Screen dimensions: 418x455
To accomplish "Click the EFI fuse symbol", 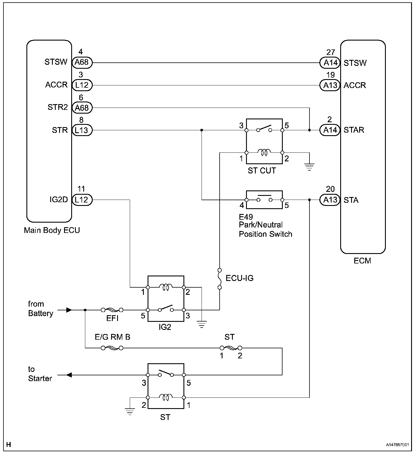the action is point(112,310).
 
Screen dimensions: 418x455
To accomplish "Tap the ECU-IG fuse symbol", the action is point(220,279).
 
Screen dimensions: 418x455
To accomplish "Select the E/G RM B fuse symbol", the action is point(112,348).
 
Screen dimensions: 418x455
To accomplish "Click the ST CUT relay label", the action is point(262,171).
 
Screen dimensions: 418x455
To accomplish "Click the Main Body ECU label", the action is point(52,230).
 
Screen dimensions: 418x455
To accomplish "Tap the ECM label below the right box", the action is point(362,261).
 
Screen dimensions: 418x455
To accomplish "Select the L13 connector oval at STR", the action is point(82,130).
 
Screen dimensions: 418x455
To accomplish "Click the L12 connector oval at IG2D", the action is point(82,200).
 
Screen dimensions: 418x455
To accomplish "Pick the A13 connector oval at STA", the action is point(330,200).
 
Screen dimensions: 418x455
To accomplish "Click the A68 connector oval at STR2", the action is point(82,108).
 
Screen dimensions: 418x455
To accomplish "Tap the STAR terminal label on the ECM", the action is point(354,130).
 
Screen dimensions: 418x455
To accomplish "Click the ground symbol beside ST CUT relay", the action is point(309,167).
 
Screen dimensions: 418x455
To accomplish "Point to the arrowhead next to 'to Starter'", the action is point(69,375).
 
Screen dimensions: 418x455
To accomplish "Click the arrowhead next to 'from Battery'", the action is point(69,310).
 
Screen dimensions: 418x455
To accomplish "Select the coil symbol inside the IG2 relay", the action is point(166,287).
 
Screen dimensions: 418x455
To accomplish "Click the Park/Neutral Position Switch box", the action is point(264,200).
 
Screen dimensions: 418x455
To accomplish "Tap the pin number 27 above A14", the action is point(330,52).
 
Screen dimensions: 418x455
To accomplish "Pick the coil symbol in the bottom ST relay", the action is point(166,397).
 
